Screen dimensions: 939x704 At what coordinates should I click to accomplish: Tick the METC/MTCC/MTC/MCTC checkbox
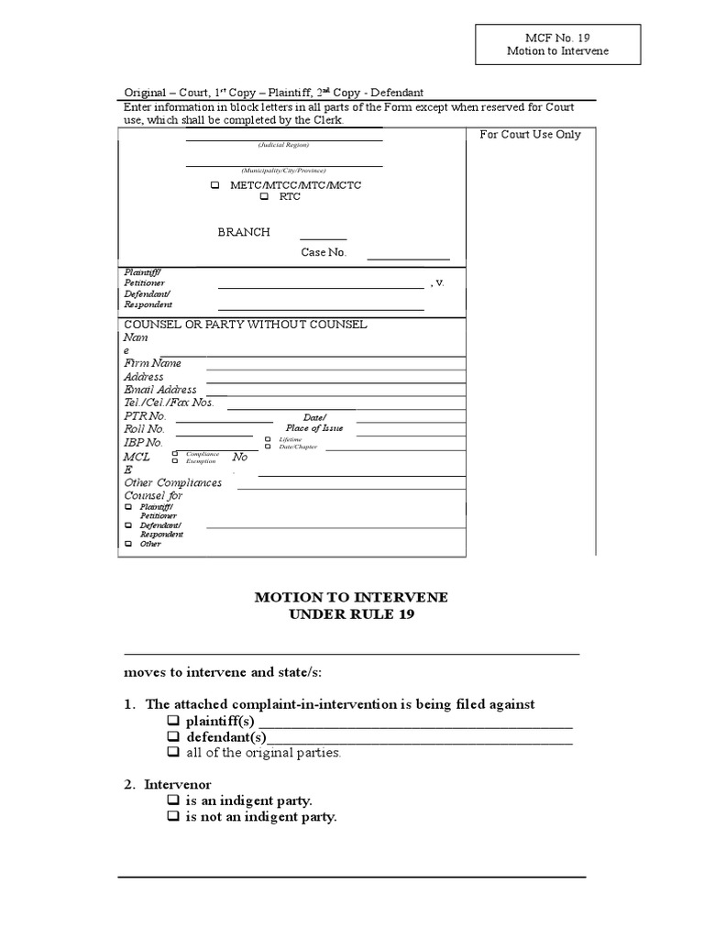coord(215,185)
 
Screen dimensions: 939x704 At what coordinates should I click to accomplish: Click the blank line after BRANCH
coord(323,238)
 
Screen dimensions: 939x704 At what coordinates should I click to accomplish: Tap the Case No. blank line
coord(408,259)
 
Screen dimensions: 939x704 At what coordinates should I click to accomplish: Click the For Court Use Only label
coord(531,135)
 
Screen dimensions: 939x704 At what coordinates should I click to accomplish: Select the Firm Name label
coord(153,363)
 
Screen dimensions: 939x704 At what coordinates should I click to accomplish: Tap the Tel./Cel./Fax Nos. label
coord(169,403)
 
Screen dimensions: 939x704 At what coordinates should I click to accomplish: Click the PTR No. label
coord(145,416)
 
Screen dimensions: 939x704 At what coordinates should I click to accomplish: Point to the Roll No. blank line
coord(214,435)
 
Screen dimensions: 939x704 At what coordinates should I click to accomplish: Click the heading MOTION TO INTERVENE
coord(351,597)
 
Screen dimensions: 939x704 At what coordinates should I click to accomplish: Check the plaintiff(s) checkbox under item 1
coord(173,722)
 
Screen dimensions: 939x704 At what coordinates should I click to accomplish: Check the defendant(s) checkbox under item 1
coord(173,737)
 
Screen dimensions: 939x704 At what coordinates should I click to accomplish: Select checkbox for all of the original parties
coord(173,753)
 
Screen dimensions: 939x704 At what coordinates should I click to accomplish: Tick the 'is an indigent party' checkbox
coord(173,801)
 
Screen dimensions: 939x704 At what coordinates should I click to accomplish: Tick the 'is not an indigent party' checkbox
coord(173,816)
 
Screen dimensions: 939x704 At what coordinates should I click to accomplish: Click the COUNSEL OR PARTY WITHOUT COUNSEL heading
coord(246,325)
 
